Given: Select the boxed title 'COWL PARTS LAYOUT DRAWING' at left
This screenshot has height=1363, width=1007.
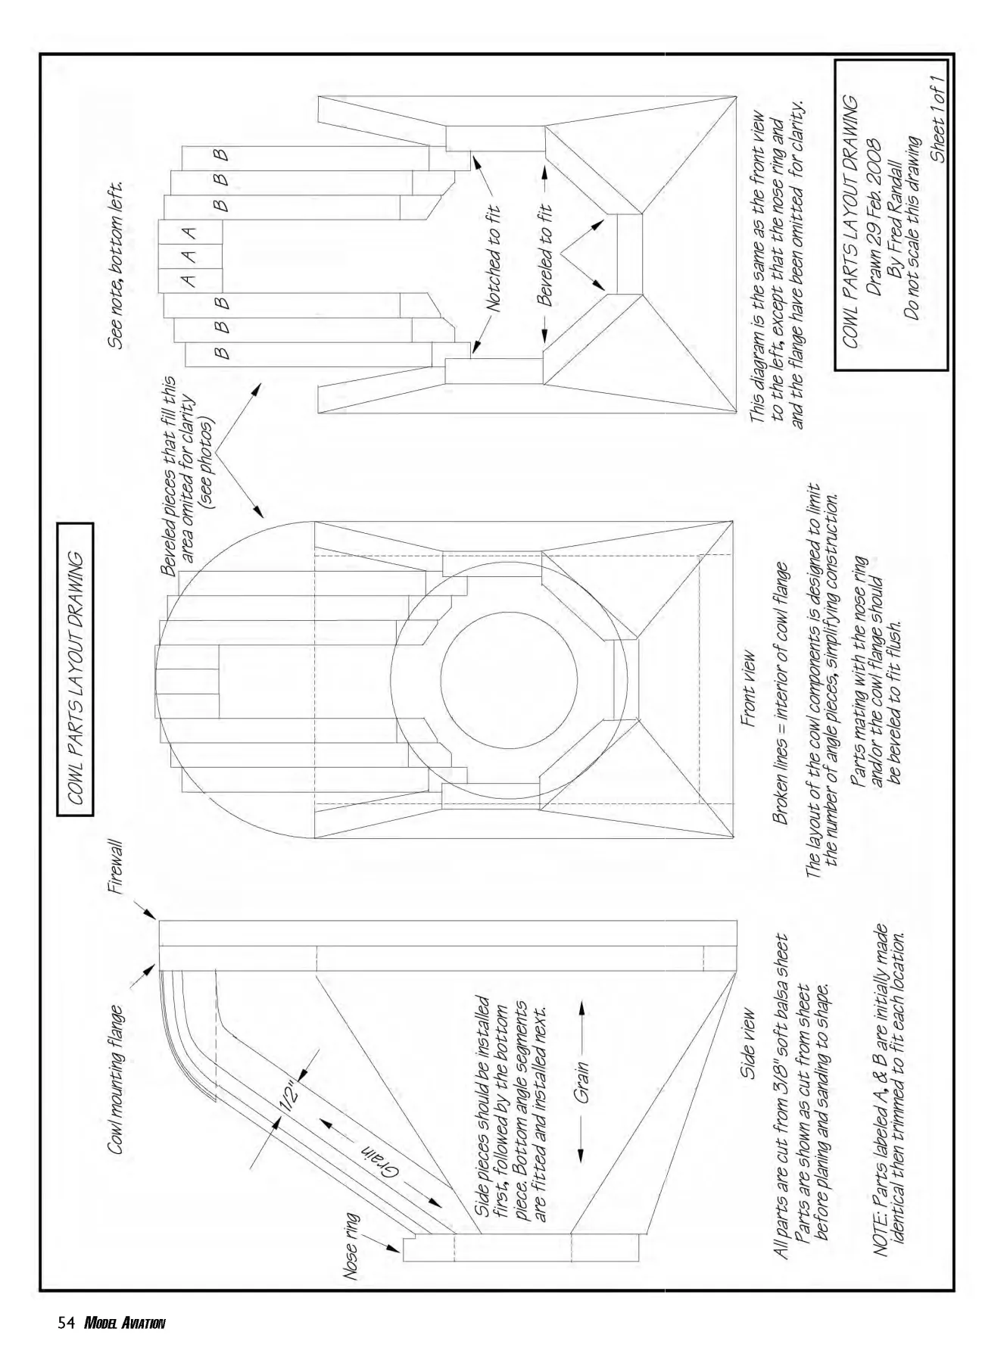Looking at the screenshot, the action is (x=76, y=669).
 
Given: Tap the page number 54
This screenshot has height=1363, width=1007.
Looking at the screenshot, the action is (x=65, y=1324).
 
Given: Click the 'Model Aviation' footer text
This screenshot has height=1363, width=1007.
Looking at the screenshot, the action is (x=124, y=1324).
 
